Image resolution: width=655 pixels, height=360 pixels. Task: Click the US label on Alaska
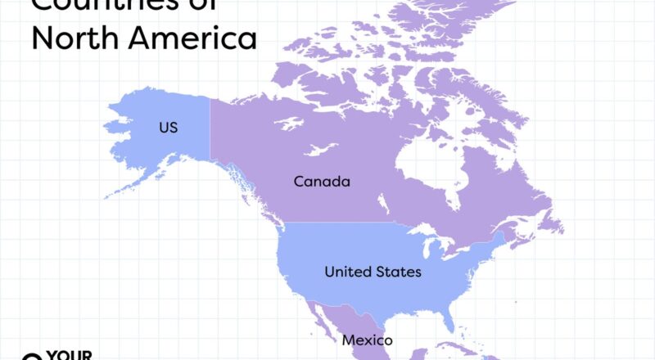168,128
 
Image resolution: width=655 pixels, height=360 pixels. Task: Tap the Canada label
322,182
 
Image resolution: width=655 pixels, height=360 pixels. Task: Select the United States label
373,272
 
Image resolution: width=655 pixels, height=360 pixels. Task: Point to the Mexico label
368,340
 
